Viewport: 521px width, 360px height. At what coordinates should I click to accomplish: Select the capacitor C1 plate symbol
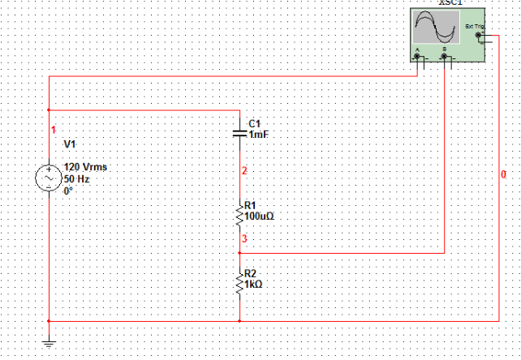[240, 130]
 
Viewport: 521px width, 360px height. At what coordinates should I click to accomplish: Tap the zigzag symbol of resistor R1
[240, 216]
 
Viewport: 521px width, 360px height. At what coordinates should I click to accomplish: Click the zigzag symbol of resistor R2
[240, 284]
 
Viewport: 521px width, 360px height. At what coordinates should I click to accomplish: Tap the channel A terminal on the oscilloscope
[417, 57]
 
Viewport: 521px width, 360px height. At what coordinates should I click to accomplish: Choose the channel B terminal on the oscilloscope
[445, 57]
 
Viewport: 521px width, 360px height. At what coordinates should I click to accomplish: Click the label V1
[70, 144]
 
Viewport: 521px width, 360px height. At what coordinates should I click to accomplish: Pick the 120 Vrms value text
[85, 167]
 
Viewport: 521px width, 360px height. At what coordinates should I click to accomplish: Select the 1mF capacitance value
[258, 135]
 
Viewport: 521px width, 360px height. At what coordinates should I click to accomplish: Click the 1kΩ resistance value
[255, 285]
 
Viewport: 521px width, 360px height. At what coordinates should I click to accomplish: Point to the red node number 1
[54, 130]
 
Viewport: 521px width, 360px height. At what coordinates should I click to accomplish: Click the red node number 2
[243, 171]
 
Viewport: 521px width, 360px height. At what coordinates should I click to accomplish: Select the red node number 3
[243, 239]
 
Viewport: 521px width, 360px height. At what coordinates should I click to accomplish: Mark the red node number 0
[503, 174]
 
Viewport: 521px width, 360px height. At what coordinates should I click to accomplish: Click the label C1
[256, 123]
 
